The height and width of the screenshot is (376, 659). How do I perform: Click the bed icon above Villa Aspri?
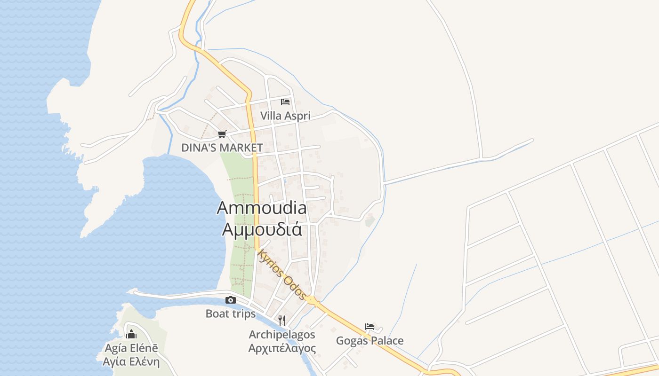click(x=285, y=102)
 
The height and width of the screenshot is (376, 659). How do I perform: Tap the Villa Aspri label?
click(x=285, y=116)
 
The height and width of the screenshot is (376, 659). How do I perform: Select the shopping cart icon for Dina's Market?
click(x=222, y=134)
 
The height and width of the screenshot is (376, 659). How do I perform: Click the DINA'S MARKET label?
click(x=222, y=148)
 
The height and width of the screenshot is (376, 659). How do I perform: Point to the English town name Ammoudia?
click(x=262, y=208)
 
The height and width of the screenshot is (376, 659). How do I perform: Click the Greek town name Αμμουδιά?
click(x=262, y=229)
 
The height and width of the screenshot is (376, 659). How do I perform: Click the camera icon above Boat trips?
click(x=231, y=300)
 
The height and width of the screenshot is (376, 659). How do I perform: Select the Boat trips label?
click(x=231, y=313)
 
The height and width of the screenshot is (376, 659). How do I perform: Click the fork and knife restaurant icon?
click(x=282, y=321)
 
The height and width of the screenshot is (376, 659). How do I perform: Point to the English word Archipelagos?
click(x=282, y=335)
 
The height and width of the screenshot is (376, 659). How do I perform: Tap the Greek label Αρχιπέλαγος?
click(x=282, y=348)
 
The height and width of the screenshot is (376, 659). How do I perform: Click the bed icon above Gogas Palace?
click(x=370, y=327)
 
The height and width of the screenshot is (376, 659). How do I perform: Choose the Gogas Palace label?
click(x=370, y=341)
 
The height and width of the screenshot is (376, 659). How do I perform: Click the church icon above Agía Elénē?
click(x=131, y=334)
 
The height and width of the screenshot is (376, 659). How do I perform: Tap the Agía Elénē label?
click(x=131, y=348)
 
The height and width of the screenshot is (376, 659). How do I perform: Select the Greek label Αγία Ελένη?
click(x=131, y=362)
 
